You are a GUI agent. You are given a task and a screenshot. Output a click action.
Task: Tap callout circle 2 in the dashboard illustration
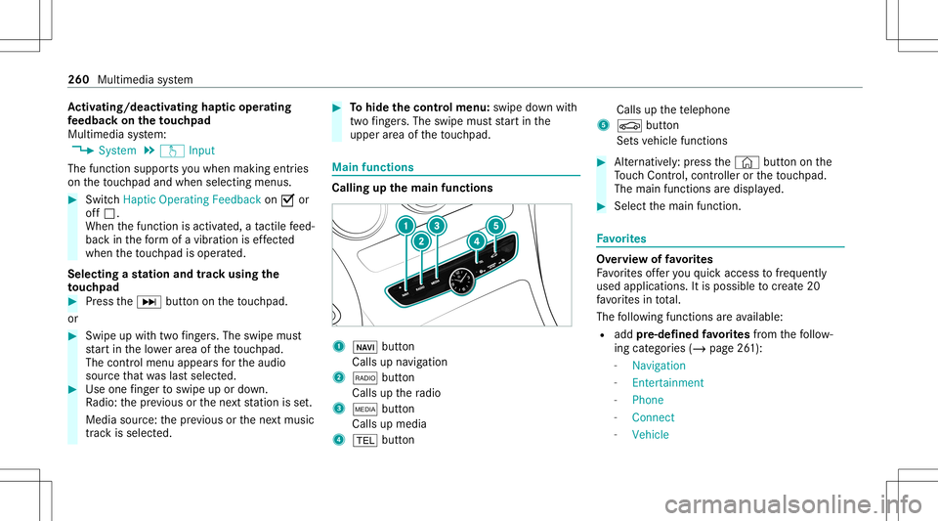421,240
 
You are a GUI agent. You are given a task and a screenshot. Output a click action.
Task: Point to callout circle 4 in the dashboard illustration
476,239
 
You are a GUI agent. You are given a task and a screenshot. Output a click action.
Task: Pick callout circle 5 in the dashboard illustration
495,226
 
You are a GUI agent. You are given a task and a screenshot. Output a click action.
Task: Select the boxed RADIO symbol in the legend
356,377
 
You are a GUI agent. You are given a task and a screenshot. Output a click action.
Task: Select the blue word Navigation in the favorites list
659,365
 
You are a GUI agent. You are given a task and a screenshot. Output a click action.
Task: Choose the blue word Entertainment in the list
667,382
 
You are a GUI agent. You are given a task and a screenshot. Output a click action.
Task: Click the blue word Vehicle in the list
651,434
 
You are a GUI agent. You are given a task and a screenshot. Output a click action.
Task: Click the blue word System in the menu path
118,151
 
